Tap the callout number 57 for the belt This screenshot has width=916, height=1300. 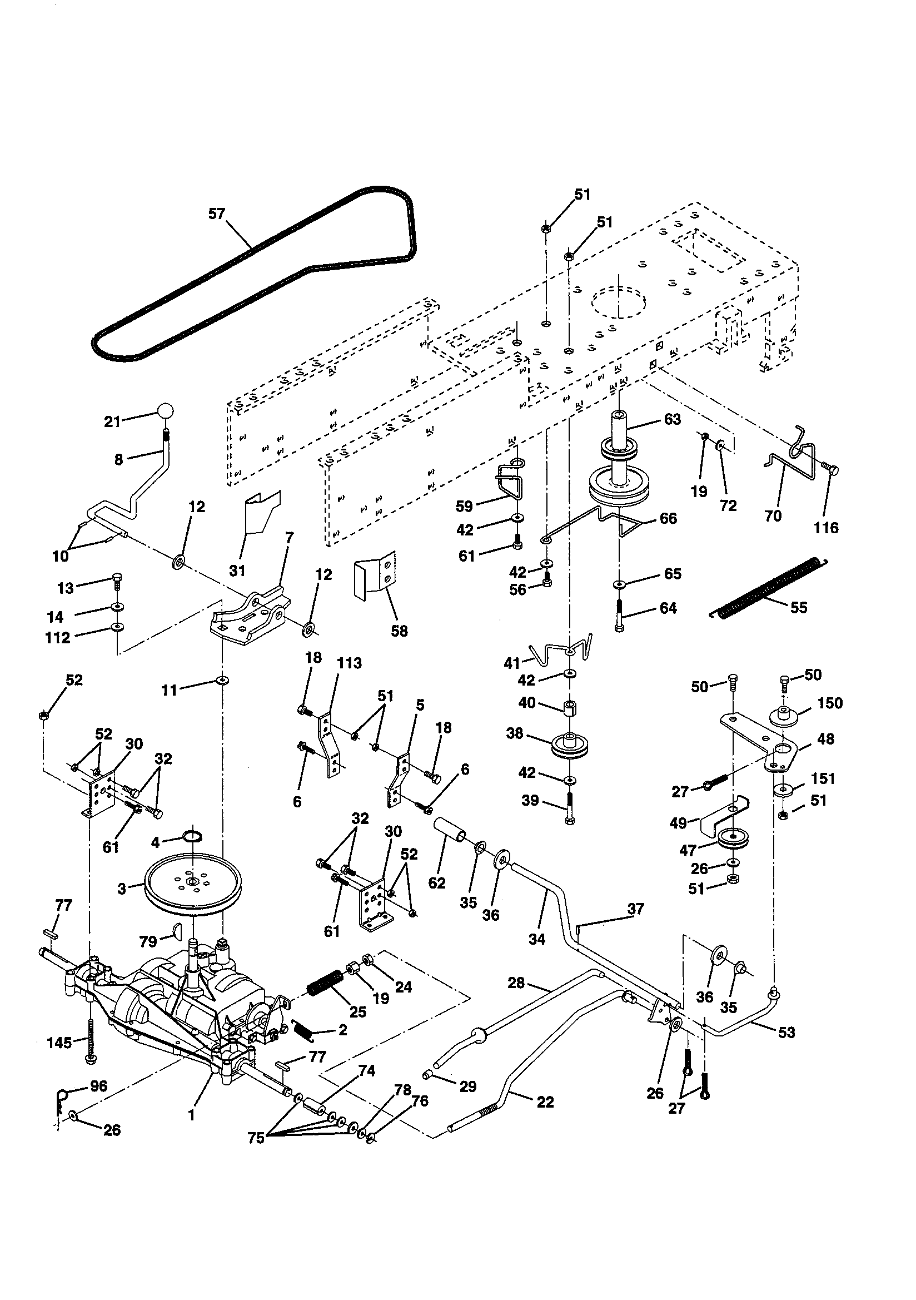tap(217, 214)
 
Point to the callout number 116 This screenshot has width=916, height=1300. tap(825, 528)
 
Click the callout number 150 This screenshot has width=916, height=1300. tap(830, 703)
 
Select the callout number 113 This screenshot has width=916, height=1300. tap(349, 663)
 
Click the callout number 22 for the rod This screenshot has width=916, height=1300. tap(545, 1102)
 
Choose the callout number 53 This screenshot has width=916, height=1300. tap(786, 1032)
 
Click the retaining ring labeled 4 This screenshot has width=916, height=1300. tap(192, 835)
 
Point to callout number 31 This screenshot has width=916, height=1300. tap(237, 570)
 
